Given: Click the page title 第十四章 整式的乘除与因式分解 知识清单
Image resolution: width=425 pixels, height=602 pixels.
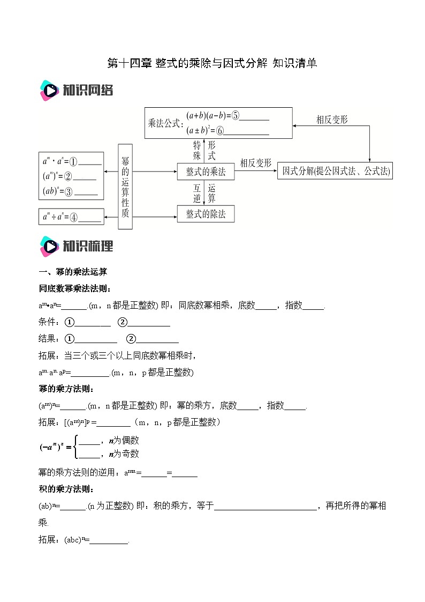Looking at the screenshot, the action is click(x=212, y=63).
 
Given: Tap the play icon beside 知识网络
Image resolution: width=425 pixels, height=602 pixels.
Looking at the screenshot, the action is click(x=49, y=91).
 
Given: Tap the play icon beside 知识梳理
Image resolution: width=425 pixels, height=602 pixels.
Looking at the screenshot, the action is click(x=49, y=246).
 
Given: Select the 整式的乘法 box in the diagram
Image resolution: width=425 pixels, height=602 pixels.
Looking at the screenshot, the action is click(x=206, y=172).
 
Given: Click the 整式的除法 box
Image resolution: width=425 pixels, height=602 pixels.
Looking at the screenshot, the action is click(x=206, y=214).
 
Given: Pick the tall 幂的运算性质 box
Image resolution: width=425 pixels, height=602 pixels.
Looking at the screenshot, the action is click(x=125, y=186).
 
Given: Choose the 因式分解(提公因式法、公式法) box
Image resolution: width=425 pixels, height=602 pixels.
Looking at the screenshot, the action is click(x=335, y=172).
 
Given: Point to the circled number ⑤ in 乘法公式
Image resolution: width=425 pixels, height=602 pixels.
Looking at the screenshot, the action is click(x=236, y=115).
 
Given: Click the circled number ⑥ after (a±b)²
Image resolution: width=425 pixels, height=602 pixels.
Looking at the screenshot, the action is click(x=235, y=130).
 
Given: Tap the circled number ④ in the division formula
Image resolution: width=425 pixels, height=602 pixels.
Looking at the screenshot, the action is click(x=73, y=217).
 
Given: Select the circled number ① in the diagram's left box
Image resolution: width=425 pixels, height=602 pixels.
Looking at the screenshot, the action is click(x=73, y=161).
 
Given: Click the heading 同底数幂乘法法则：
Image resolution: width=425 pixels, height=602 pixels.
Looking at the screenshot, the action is click(x=75, y=289).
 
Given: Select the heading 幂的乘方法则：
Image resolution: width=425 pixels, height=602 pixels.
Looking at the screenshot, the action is click(x=67, y=389).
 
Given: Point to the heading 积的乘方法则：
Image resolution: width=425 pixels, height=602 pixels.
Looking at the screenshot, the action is click(x=67, y=489).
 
